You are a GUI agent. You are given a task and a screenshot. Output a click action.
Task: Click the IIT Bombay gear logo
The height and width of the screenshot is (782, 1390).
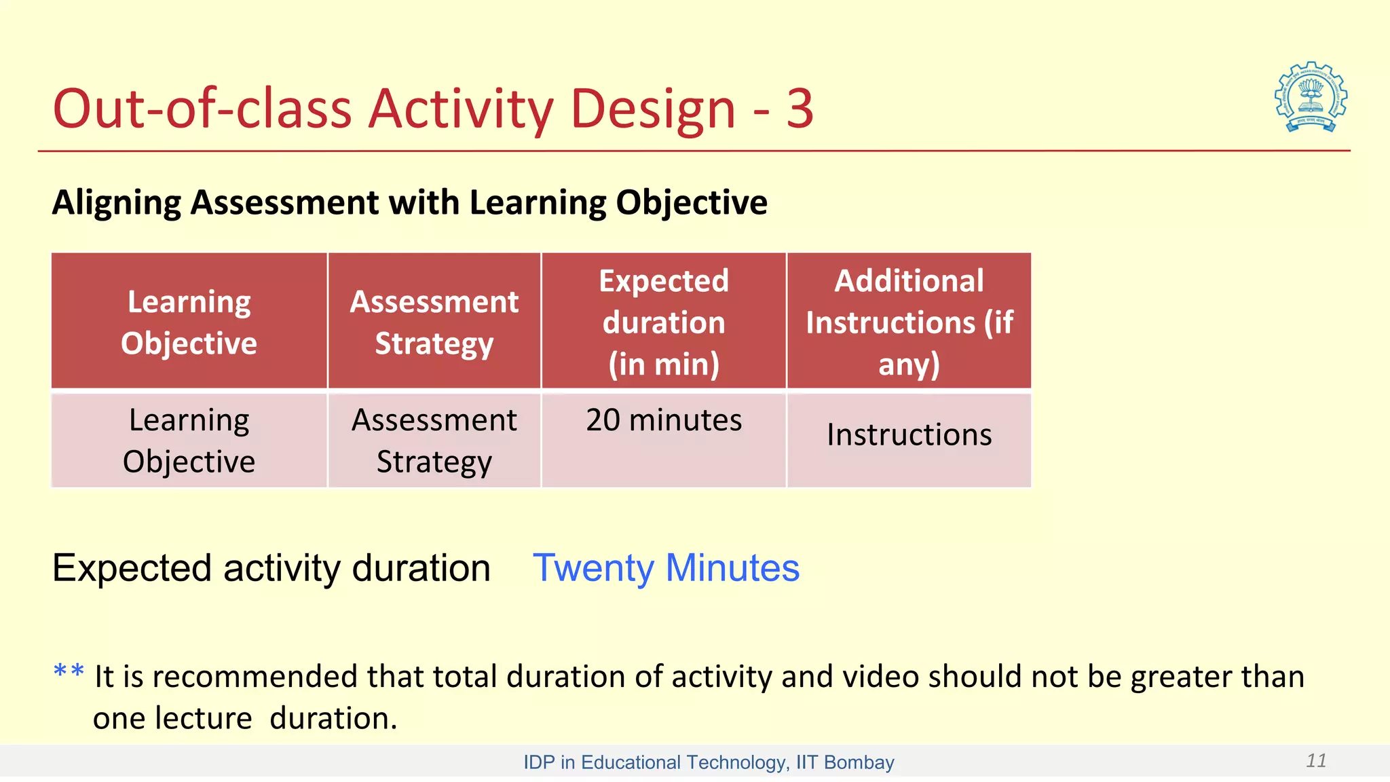coord(1311,97)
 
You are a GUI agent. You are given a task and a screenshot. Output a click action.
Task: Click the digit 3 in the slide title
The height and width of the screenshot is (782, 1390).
coord(800,109)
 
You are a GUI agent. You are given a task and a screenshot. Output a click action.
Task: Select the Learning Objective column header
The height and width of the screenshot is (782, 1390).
coord(189,322)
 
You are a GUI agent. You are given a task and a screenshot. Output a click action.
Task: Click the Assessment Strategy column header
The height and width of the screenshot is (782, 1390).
coord(434,322)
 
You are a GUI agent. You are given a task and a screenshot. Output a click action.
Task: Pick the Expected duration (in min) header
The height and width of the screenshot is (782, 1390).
coord(664,322)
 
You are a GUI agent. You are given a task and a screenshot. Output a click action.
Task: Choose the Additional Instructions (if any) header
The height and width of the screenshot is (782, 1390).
coord(909,322)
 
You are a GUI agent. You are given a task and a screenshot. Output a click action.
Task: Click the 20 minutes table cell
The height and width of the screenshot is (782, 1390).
coord(664,420)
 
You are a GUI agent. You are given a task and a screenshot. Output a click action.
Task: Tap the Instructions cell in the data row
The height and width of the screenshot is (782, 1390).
coord(909,434)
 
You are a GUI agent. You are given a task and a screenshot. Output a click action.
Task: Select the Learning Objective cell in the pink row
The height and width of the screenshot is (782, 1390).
coord(189,441)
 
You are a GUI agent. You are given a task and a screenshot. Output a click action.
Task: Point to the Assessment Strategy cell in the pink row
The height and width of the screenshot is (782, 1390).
coord(434,441)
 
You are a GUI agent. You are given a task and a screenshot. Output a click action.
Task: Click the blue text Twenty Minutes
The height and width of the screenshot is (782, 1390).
coord(666,567)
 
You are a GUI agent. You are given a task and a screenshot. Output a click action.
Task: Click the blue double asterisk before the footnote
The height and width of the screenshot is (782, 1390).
coord(69,673)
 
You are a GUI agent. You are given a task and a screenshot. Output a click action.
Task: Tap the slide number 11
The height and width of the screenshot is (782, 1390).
coord(1316,760)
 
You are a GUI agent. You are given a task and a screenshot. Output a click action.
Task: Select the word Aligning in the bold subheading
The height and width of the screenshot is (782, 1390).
coord(116,203)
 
